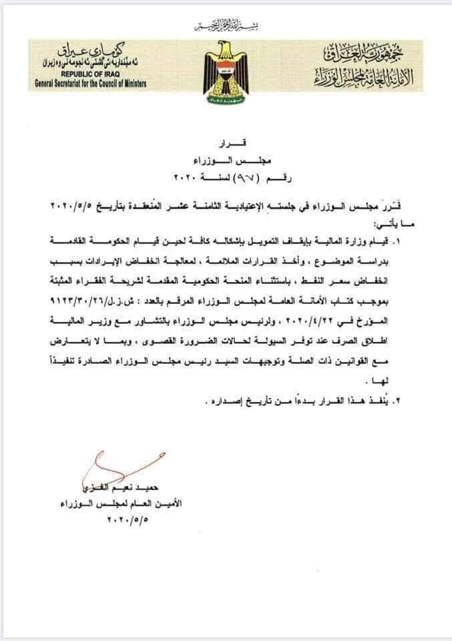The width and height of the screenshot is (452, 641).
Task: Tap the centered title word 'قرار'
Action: pyautogui.click(x=226, y=144)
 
